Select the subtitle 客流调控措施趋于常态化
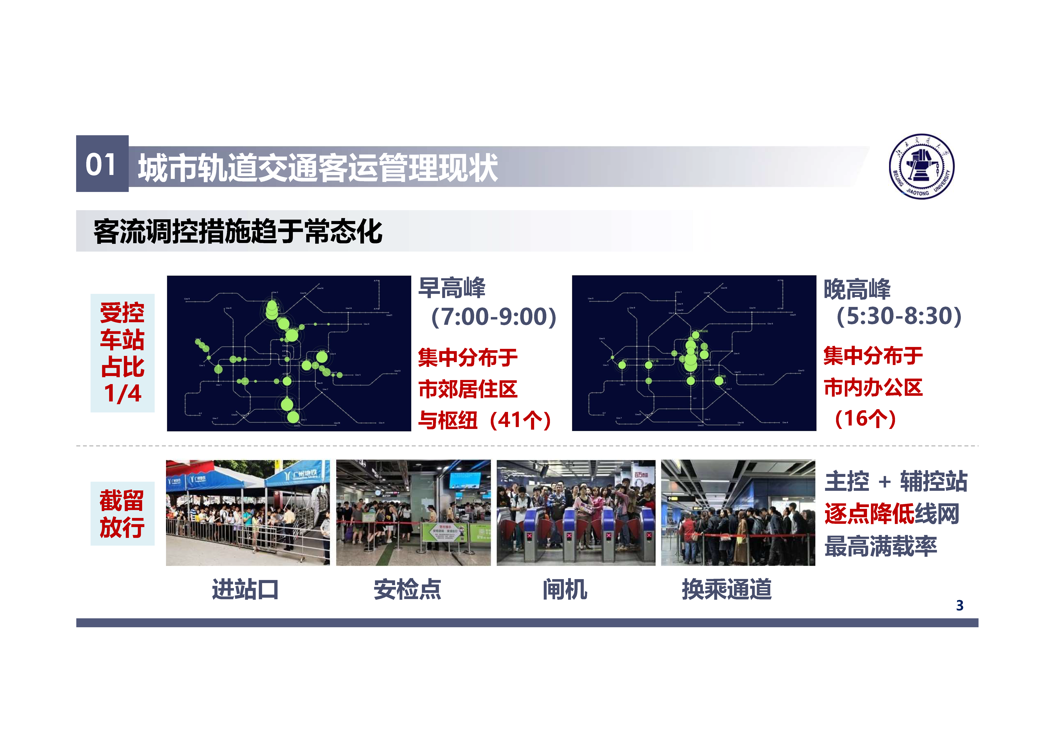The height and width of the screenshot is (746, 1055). (x=237, y=231)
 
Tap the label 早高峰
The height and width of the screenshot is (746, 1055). (x=452, y=288)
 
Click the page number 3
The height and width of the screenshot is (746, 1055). (x=959, y=605)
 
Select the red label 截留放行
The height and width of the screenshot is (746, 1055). (x=122, y=513)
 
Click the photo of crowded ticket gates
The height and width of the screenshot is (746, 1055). (x=576, y=513)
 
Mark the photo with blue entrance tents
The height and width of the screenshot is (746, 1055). (x=248, y=513)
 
